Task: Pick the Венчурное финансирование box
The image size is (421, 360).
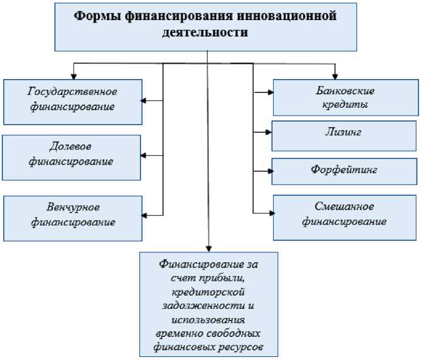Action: [x=72, y=214]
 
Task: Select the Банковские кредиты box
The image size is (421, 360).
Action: [x=346, y=97]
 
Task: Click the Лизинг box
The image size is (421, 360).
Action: [x=344, y=136]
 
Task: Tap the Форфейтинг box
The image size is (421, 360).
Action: [x=344, y=171]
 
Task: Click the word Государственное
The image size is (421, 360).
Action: [x=72, y=91]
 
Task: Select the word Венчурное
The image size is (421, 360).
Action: [x=72, y=207]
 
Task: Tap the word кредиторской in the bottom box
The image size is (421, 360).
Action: [x=208, y=293]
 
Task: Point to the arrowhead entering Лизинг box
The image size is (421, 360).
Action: [x=268, y=131]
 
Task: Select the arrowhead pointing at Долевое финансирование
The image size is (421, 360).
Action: [x=144, y=156]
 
